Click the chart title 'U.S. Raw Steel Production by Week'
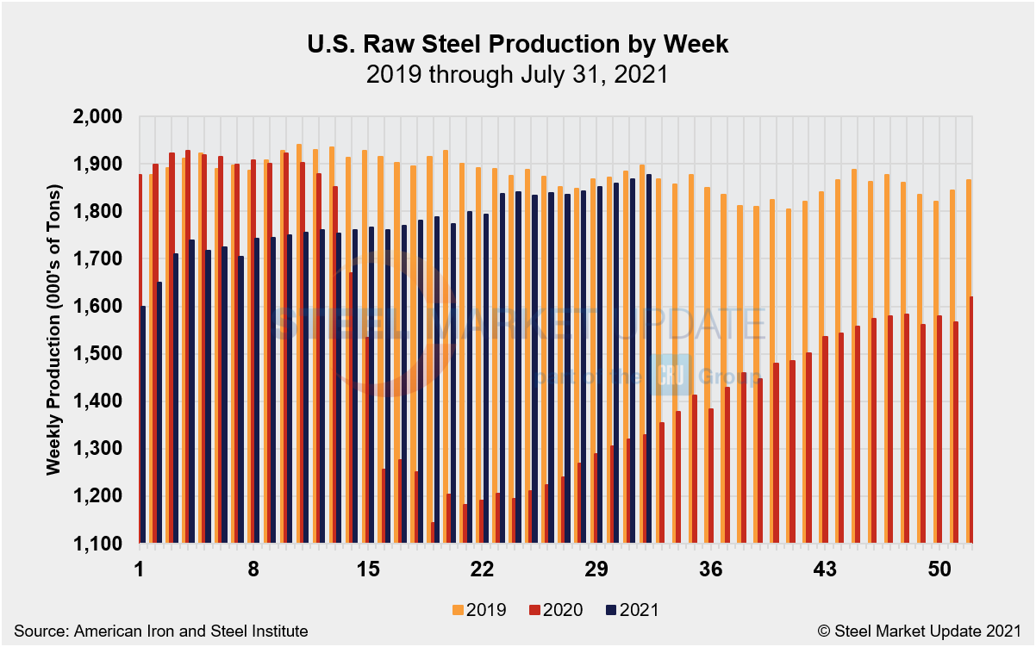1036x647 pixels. (517, 45)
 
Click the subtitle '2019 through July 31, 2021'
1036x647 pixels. (517, 74)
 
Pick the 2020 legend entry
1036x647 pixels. (553, 610)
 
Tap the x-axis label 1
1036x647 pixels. (139, 569)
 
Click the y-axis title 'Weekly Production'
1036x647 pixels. (53, 329)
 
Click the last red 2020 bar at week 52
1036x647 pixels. (970, 420)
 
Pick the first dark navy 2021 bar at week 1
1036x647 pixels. (143, 424)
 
